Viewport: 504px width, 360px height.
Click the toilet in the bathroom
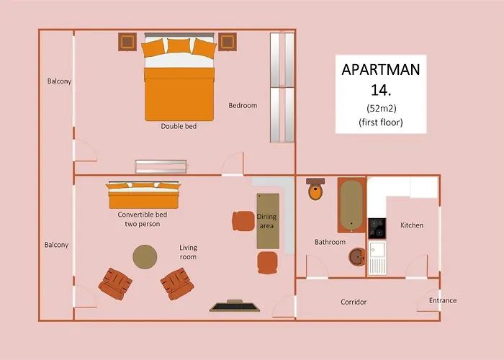pos(315,189)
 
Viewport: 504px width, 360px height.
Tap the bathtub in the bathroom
pos(351,204)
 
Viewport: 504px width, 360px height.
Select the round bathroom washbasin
pos(357,256)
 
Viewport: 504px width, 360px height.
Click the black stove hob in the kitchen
pos(377,228)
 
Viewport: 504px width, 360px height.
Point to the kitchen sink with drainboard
pos(377,258)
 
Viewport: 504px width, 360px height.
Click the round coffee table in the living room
pos(145,257)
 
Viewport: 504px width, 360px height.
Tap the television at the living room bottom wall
pos(235,306)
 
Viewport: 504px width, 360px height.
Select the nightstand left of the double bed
pos(127,42)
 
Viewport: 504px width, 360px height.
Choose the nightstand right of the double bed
pos(228,42)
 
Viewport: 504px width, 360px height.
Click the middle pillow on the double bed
pos(179,45)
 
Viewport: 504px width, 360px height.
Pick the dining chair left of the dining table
pos(243,221)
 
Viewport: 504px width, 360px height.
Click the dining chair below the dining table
pos(267,263)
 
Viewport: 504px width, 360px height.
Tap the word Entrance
pos(443,300)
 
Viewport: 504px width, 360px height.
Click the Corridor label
pos(354,302)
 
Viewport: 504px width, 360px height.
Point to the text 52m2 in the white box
pos(381,108)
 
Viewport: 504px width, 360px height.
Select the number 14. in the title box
pos(381,90)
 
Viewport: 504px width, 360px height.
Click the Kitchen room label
pos(412,225)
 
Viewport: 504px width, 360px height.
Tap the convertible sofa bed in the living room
pos(143,195)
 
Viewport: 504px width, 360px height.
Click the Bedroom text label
pos(243,105)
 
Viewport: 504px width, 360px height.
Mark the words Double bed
pos(179,126)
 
